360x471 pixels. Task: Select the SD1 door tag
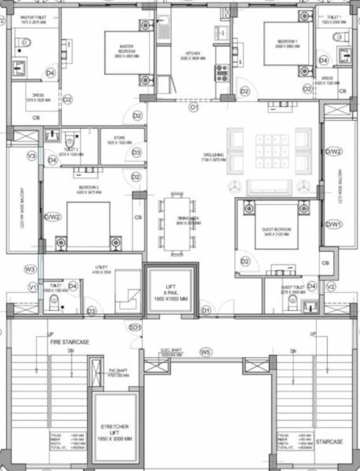point(134,327)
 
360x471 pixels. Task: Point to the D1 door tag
point(206,311)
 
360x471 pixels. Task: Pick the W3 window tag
point(29,269)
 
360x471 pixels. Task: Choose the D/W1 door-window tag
point(333,224)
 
